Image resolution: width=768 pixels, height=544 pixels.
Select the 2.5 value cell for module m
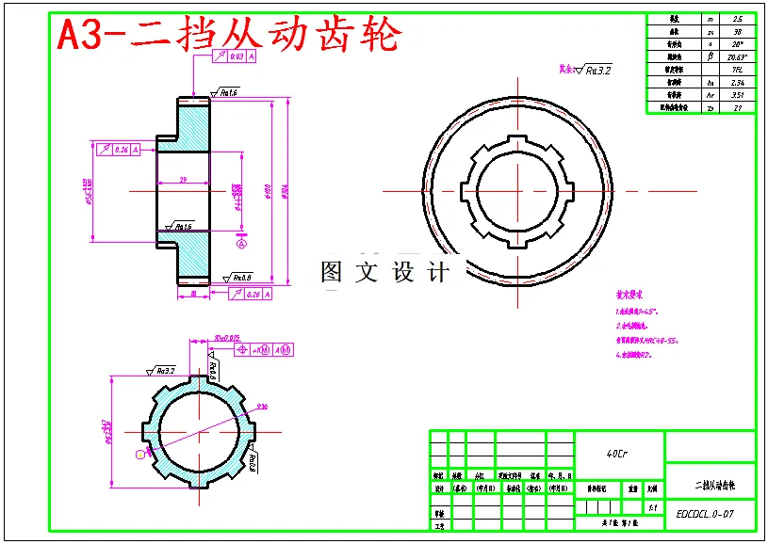[x=737, y=19]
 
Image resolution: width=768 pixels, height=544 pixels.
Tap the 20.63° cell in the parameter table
[x=737, y=56]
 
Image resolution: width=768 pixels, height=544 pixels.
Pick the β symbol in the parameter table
[x=710, y=56]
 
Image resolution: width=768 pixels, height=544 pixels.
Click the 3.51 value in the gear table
[x=737, y=95]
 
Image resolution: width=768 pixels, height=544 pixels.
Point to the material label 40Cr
[x=618, y=453]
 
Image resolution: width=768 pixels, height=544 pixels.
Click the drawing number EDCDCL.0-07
[x=705, y=514]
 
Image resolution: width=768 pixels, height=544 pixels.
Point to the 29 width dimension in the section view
[x=184, y=179]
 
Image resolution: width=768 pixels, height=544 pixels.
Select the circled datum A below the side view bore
[x=241, y=244]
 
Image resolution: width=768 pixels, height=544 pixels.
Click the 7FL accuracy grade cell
[x=737, y=70]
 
